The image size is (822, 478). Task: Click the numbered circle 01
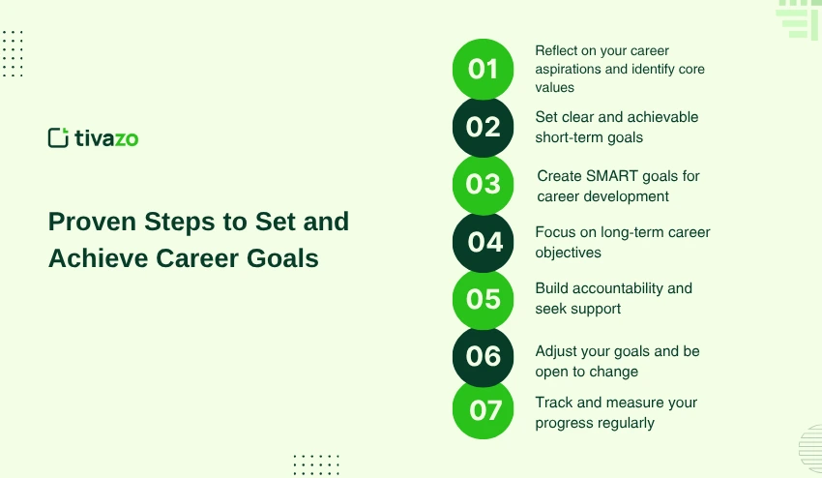483,69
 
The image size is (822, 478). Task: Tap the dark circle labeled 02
483,127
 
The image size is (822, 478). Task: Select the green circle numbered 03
483,184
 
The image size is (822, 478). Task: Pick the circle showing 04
483,242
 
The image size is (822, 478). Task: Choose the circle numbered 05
483,299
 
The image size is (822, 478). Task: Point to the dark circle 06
483,356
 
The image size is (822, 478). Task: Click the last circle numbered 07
483,410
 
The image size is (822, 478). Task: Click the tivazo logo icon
58,137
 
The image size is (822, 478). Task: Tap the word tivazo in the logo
106,138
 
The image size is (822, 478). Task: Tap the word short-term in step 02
571,137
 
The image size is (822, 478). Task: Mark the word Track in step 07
554,403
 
